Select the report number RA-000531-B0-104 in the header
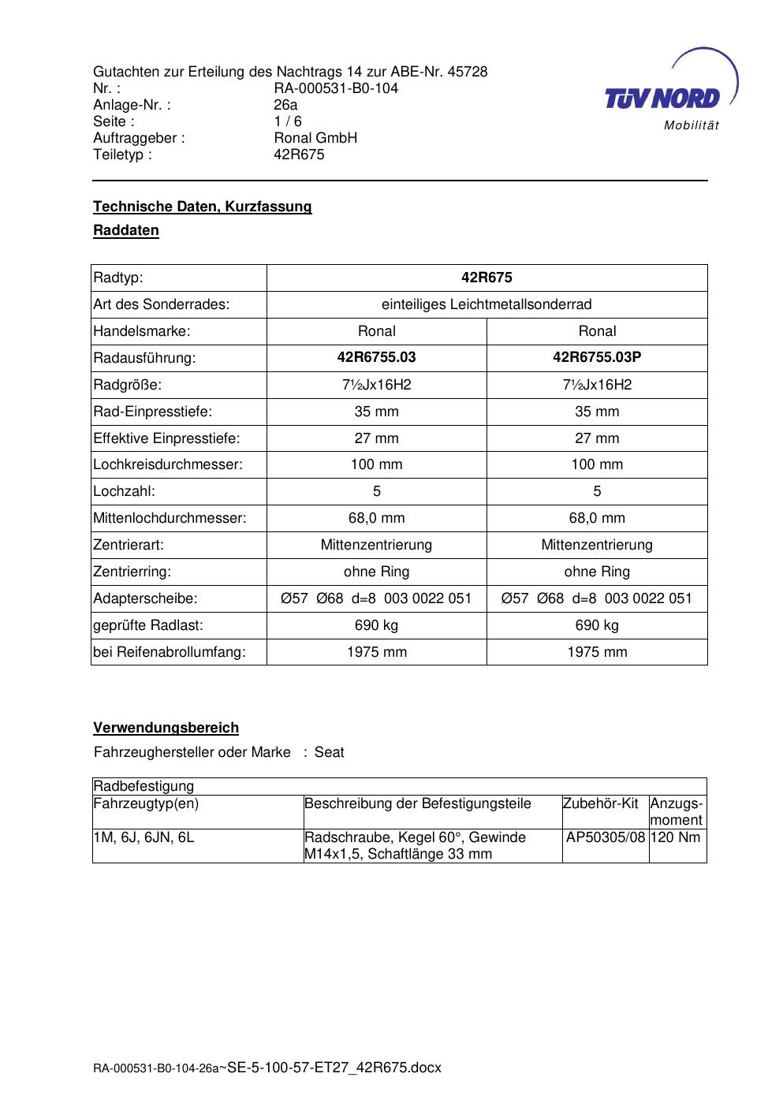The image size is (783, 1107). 336,88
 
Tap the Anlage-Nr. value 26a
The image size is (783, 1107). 285,105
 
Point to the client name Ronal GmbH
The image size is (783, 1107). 315,138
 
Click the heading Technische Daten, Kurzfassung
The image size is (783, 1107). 203,207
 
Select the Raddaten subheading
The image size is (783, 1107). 126,231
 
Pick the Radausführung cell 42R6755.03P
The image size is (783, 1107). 597,357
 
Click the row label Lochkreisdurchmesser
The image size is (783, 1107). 168,464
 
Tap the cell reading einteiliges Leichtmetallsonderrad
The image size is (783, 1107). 487,304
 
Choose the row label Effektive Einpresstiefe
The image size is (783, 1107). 166,438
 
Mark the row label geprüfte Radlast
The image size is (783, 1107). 148,625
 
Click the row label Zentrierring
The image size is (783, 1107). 132,572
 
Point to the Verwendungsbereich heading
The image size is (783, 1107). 166,728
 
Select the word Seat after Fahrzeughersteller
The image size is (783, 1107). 329,752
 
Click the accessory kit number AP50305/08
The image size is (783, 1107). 606,837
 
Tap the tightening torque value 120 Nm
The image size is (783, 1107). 677,837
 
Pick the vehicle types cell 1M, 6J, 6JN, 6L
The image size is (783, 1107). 144,837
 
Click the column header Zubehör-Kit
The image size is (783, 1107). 600,803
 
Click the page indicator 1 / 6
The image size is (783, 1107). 288,121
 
